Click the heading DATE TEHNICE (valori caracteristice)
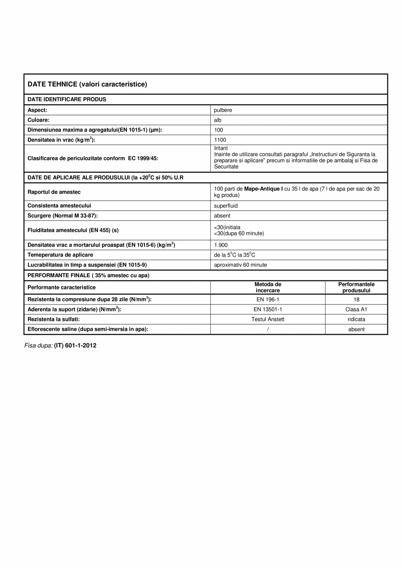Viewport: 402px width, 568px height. (87, 84)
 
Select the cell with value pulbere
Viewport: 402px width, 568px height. (223, 110)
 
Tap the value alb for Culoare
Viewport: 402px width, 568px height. (218, 120)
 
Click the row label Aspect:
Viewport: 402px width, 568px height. (37, 110)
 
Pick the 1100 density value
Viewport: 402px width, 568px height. (220, 140)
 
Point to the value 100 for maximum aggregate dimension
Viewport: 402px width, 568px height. (218, 130)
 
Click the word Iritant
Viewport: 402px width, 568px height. (221, 148)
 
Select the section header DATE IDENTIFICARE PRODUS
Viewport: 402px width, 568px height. (67, 99)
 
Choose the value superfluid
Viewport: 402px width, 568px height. (226, 205)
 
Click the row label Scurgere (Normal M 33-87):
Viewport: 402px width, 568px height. (62, 215)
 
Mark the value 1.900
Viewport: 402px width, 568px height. (221, 245)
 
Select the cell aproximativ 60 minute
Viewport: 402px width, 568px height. (240, 265)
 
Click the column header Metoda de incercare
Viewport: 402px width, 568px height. (267, 287)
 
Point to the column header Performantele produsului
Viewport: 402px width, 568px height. (356, 287)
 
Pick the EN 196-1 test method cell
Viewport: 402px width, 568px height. (267, 299)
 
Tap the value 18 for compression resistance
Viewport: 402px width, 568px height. (356, 299)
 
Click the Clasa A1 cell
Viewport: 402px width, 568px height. (356, 309)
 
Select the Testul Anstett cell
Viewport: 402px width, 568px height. (267, 319)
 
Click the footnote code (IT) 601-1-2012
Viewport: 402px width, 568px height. (75, 345)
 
